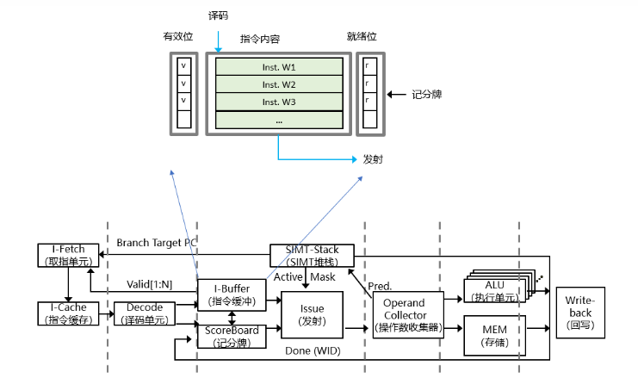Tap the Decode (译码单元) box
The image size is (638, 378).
[144, 313]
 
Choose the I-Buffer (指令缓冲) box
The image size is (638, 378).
[231, 294]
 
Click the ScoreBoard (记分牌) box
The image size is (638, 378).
[231, 335]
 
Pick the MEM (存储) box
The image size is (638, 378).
[494, 333]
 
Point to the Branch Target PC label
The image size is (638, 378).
[154, 242]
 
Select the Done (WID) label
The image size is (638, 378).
[312, 351]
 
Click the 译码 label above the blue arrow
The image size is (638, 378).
[219, 16]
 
